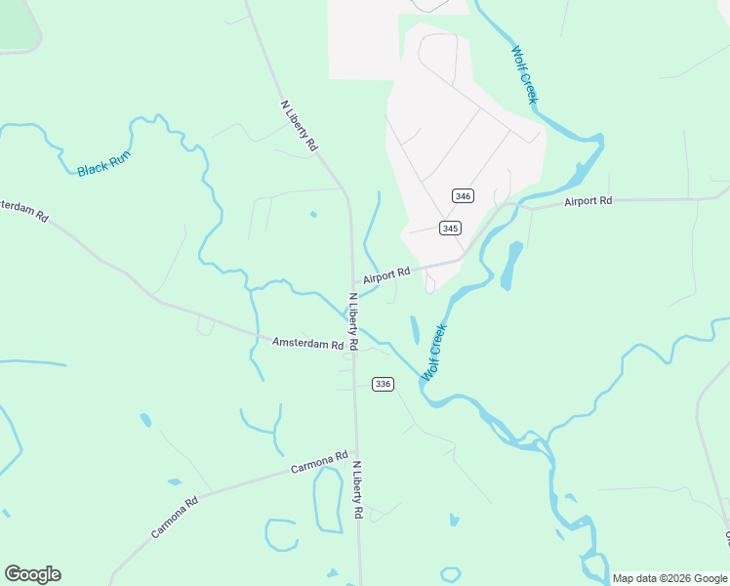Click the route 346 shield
[464, 196]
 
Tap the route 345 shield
[450, 229]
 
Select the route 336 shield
[383, 384]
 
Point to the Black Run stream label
[103, 163]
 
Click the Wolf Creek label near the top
[524, 75]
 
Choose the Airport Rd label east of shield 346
[588, 201]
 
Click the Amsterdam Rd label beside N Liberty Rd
[307, 343]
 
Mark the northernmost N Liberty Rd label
[299, 125]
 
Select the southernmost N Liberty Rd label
[358, 489]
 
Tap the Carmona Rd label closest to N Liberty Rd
[319, 463]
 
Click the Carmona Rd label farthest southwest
[175, 517]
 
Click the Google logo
[32, 574]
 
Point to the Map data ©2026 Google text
[669, 578]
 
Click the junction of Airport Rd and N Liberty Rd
[353, 286]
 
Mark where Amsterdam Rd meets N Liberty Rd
[355, 349]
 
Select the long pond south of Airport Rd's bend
[510, 266]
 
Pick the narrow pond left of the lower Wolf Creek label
[414, 330]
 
